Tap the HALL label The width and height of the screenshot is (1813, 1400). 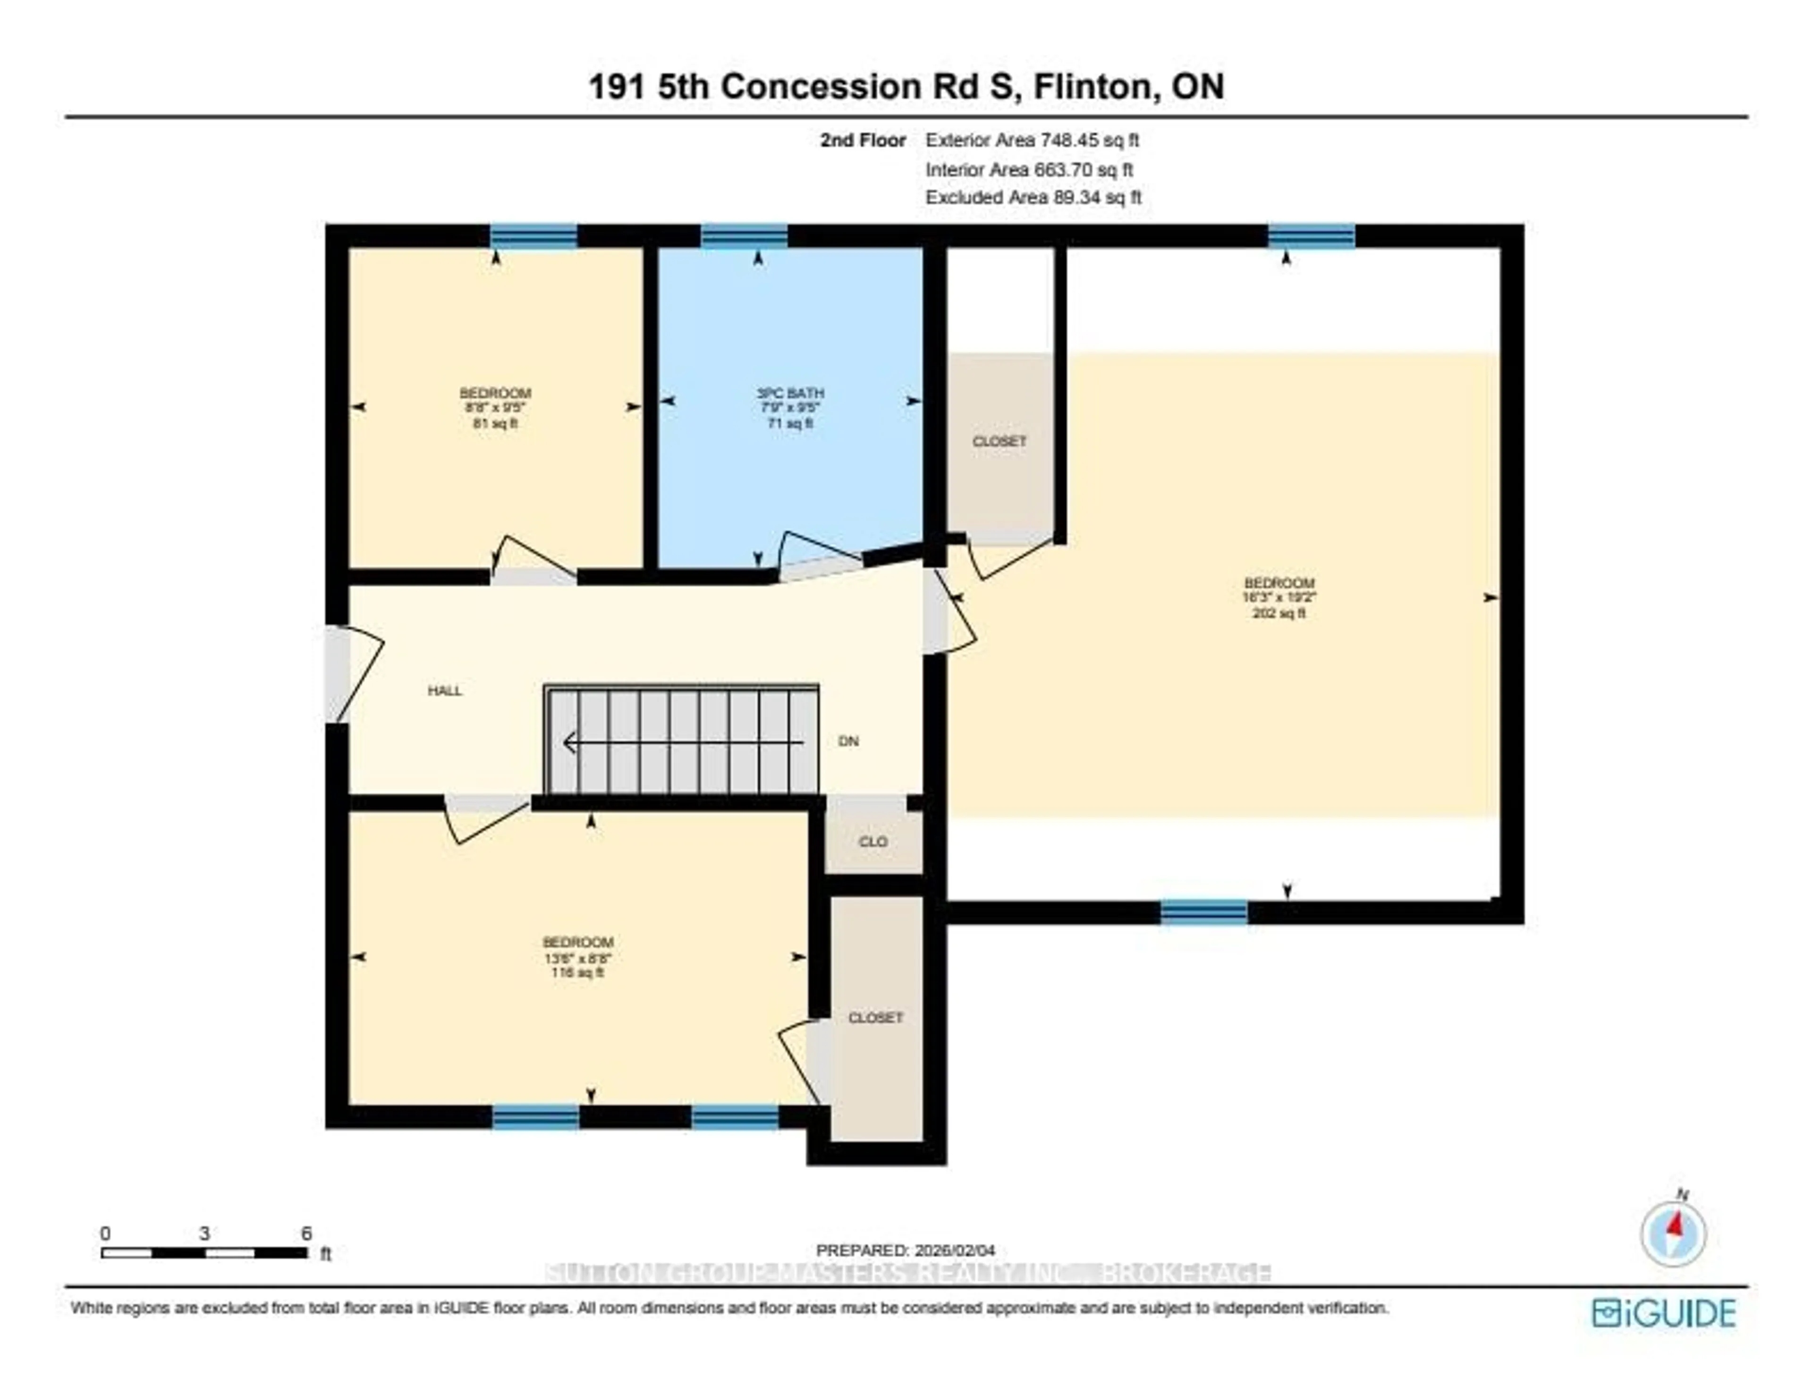click(445, 690)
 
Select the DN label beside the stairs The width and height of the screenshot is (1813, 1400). click(847, 741)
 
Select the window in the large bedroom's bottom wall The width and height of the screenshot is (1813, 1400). click(1203, 912)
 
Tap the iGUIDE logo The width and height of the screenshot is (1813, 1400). click(1664, 1313)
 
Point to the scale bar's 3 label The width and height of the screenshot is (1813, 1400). click(204, 1233)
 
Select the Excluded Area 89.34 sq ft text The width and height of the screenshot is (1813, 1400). click(1034, 198)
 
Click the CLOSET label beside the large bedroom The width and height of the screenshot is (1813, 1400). click(1000, 442)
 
